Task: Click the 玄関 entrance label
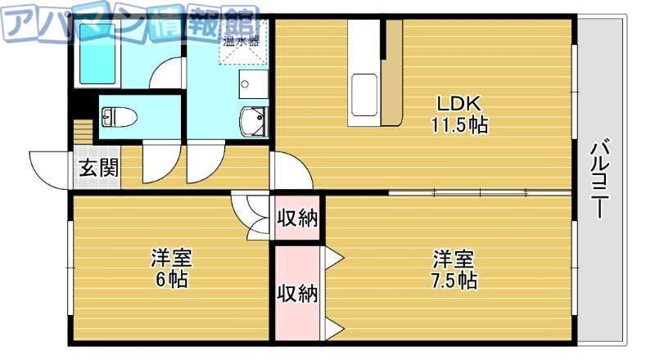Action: pyautogui.click(x=97, y=169)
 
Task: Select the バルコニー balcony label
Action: pyautogui.click(x=599, y=180)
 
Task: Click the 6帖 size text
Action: pyautogui.click(x=170, y=280)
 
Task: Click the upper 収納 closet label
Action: pyautogui.click(x=296, y=219)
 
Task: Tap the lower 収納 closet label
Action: pyautogui.click(x=296, y=293)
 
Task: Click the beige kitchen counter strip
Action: pyautogui.click(x=392, y=74)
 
